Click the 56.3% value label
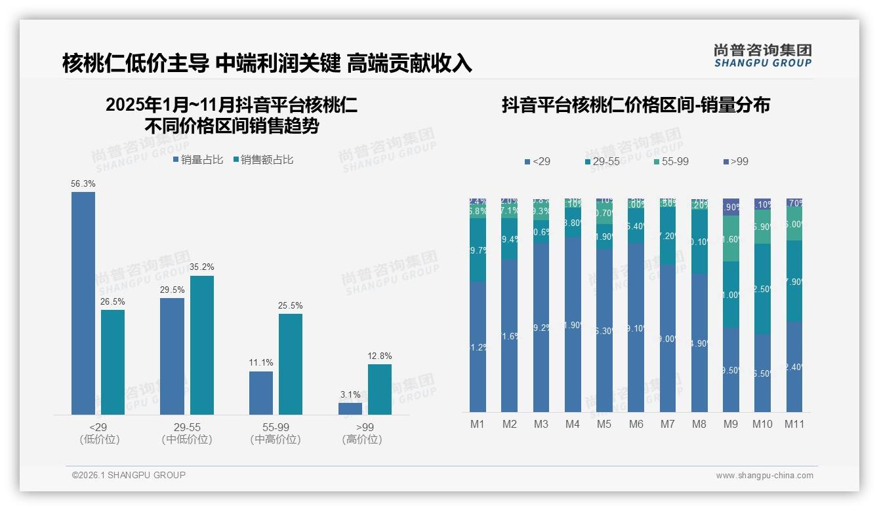83,184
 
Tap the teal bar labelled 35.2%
202,345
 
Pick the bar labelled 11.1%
261,392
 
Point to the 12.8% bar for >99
380,389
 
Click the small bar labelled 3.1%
350,408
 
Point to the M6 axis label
636,424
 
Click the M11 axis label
794,424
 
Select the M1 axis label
478,424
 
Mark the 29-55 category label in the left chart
187,426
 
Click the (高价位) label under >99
362,440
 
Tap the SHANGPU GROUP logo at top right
763,56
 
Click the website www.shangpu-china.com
764,476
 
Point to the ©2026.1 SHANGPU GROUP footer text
129,475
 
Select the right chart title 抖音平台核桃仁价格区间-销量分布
636,105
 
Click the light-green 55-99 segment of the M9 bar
731,238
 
